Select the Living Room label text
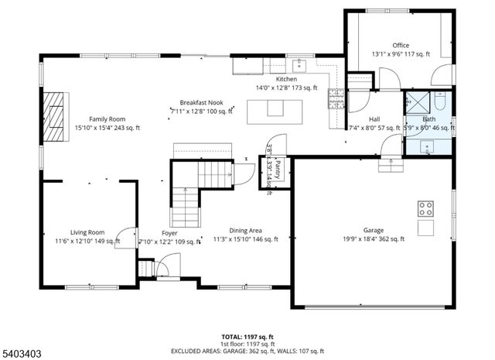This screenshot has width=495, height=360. (x=87, y=232)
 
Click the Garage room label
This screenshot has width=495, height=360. (x=374, y=230)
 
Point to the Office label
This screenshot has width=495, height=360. (x=401, y=45)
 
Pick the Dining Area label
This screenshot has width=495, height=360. (x=244, y=231)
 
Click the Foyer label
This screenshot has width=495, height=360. (x=170, y=233)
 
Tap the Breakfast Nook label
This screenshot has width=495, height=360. (x=202, y=102)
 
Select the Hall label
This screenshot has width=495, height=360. (x=374, y=118)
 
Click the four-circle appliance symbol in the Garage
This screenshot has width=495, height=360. (x=425, y=207)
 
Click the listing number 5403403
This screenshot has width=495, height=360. (x=21, y=353)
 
